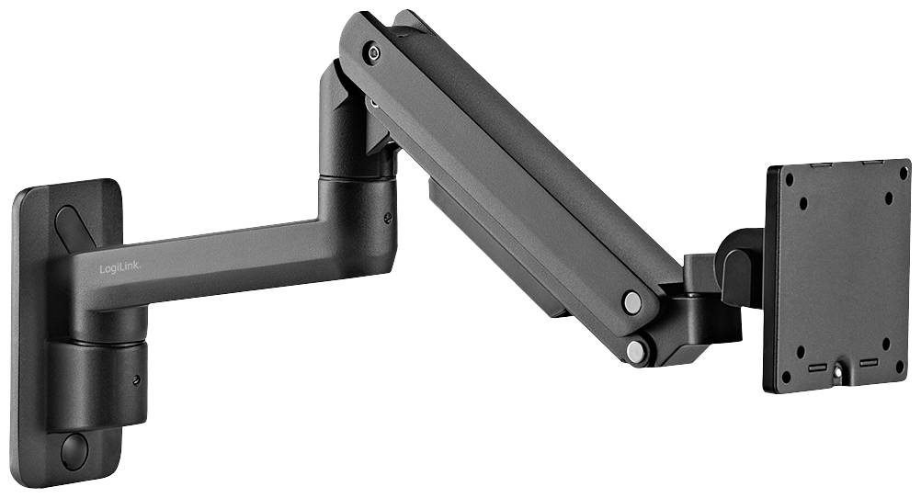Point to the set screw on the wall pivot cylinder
[x=136, y=379]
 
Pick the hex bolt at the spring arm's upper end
[x=372, y=52]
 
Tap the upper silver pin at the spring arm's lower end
[x=631, y=301]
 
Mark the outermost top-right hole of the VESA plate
[x=901, y=172]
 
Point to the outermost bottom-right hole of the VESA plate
[x=900, y=366]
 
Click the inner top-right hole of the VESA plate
[x=888, y=197]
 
